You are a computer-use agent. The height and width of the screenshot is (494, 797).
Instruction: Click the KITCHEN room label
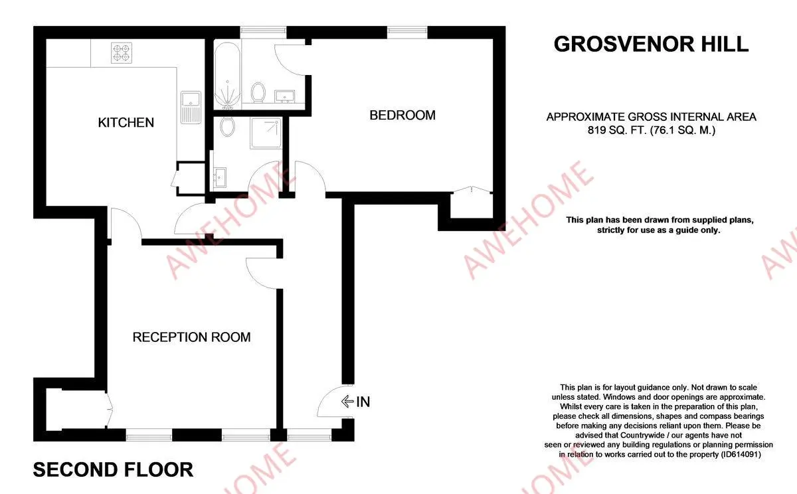(x=126, y=123)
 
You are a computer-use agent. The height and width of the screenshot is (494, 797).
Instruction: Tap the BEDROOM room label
(x=402, y=116)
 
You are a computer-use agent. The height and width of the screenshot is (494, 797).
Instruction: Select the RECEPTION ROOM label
(x=191, y=337)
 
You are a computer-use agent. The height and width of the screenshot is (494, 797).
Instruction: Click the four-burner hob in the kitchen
(x=122, y=53)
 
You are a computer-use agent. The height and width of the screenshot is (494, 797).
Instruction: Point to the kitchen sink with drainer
(x=191, y=108)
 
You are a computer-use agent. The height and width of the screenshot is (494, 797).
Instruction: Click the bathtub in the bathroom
(x=227, y=76)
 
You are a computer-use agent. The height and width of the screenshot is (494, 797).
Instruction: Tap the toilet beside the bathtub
(x=258, y=92)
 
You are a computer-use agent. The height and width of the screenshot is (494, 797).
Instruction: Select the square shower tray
(x=266, y=133)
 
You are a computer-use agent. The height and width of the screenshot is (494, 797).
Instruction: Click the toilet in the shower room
(x=227, y=126)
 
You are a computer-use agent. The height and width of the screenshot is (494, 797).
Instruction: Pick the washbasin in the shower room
(x=220, y=177)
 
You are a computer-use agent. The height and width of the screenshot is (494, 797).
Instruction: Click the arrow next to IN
(x=347, y=402)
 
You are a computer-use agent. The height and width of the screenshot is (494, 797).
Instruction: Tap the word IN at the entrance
(x=363, y=402)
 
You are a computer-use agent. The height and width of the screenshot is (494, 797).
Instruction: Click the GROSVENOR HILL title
(x=651, y=44)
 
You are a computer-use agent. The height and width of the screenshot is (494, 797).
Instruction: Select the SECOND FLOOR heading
(x=113, y=470)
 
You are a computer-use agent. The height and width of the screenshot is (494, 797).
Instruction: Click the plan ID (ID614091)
(x=741, y=454)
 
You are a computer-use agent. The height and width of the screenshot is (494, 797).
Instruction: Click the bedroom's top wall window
(x=407, y=32)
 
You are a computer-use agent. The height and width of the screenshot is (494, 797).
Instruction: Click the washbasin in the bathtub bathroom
(x=285, y=96)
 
